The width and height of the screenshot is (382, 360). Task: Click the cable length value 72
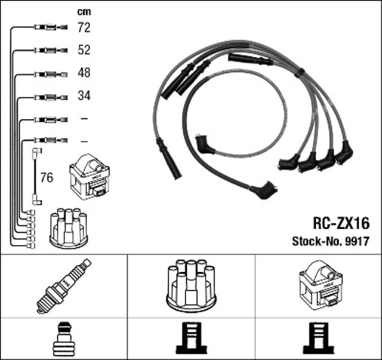[84, 27]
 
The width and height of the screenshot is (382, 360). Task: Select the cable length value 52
[84, 50]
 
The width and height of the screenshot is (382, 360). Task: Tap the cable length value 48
[84, 73]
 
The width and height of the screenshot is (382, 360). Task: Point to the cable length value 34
[84, 96]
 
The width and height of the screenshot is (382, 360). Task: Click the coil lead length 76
[47, 177]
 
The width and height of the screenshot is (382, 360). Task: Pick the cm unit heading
[84, 12]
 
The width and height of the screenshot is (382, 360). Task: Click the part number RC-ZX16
[341, 223]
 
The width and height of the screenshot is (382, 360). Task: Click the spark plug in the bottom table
[64, 286]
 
